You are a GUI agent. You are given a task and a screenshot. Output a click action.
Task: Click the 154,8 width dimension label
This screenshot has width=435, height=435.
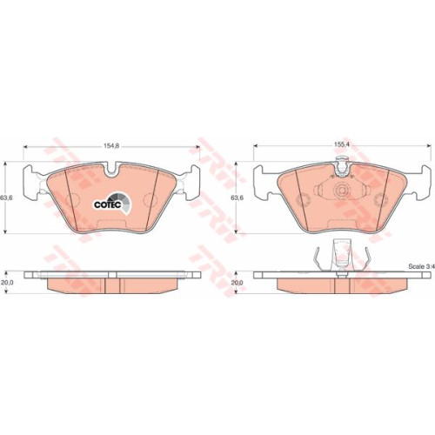pos(111,146)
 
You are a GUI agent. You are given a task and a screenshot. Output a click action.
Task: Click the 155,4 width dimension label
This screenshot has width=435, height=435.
pos(342,145)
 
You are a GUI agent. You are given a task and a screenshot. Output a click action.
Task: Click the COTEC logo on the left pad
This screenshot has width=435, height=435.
pos(112,204)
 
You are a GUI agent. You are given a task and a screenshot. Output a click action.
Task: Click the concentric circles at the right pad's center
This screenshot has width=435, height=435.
pos(342,191)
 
